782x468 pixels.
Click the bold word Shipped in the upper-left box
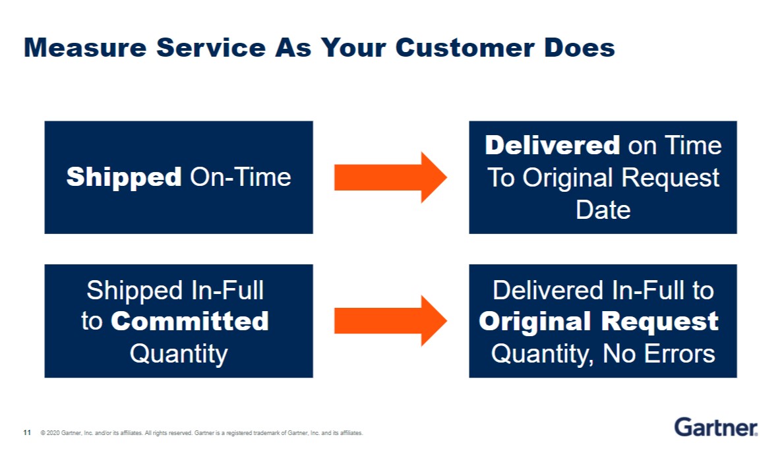(x=124, y=177)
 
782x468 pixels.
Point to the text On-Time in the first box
(x=241, y=177)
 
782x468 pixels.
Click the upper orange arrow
(x=390, y=177)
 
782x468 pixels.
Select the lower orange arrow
(x=390, y=321)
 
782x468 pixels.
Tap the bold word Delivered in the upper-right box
(x=552, y=145)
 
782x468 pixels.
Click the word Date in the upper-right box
(x=603, y=210)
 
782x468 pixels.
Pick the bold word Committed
(x=190, y=322)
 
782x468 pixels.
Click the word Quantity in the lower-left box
(x=178, y=353)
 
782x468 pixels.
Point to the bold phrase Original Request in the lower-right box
(x=598, y=322)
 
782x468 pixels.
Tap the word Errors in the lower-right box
(x=682, y=353)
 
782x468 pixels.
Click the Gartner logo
(x=715, y=427)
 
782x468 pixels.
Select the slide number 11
(x=27, y=433)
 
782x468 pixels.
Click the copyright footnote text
(x=201, y=433)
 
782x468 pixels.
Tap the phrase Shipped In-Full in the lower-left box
(x=175, y=290)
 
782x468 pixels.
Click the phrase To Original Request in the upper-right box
(x=603, y=178)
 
